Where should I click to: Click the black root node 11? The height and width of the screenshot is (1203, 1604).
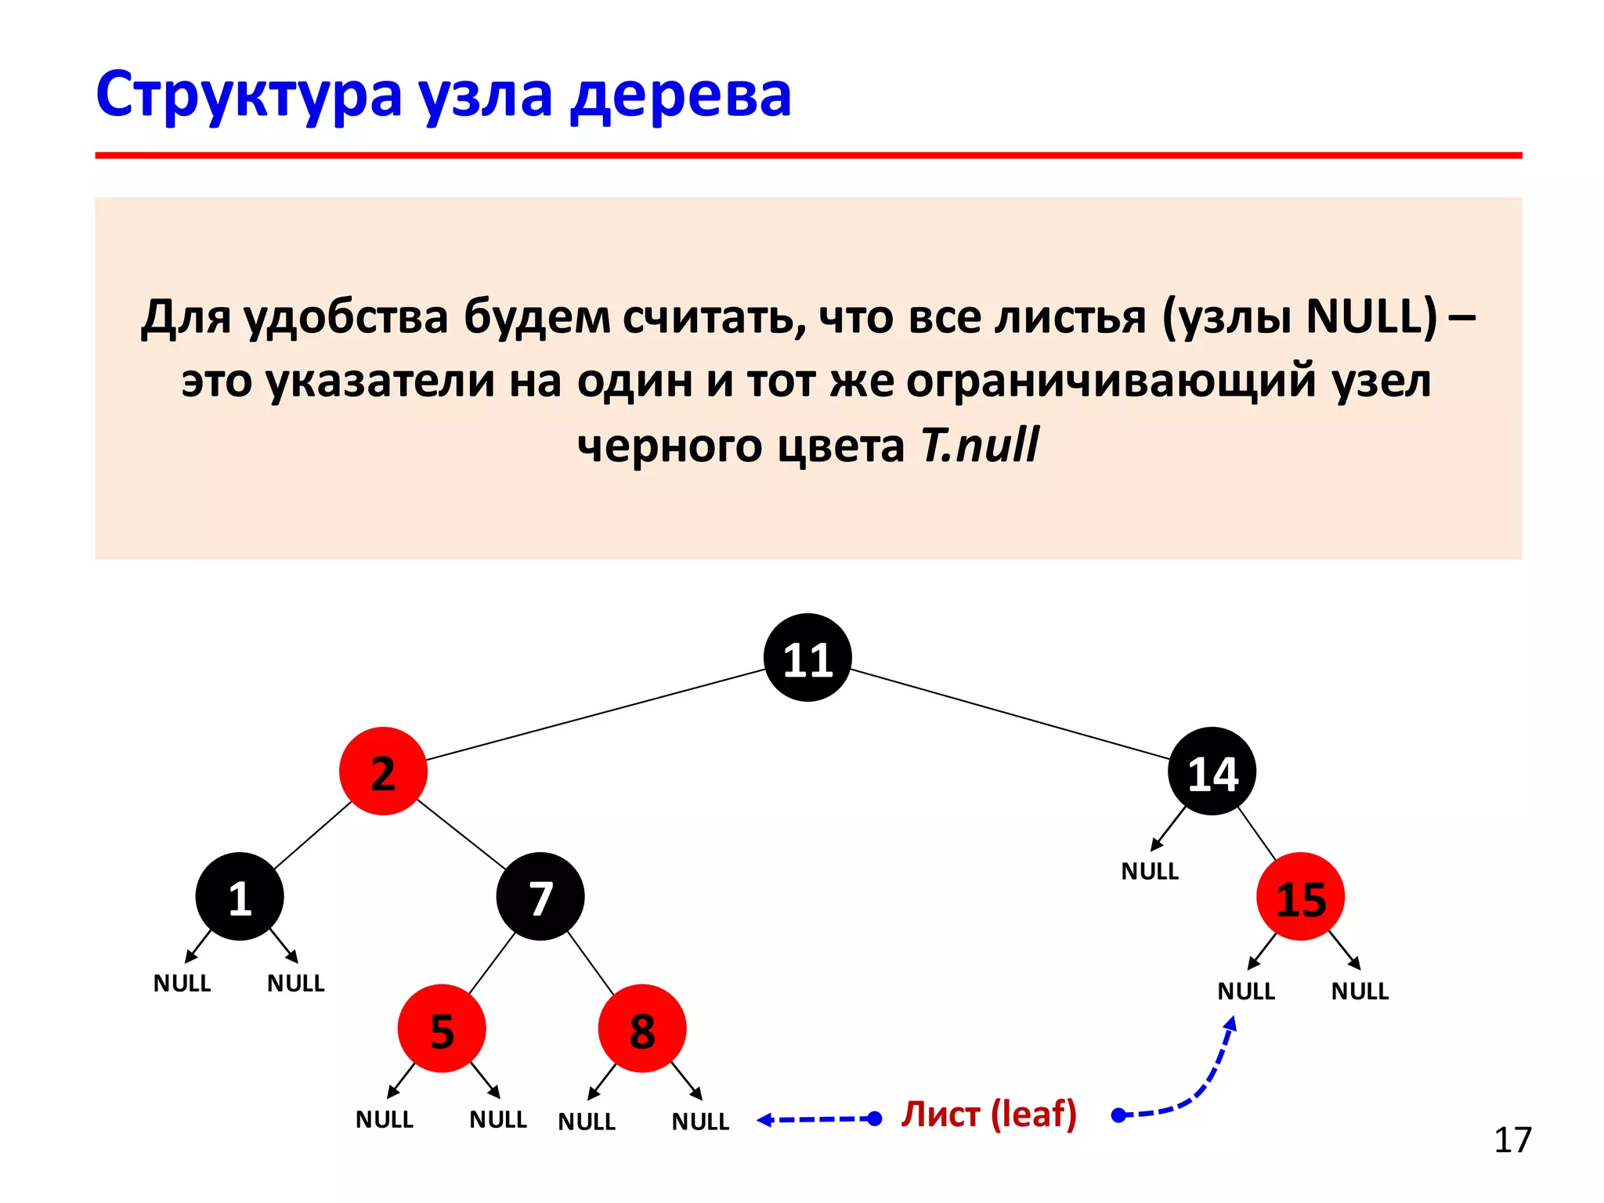click(807, 658)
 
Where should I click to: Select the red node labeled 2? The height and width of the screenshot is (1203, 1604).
click(383, 771)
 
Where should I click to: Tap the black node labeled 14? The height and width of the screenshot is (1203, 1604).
click(1212, 771)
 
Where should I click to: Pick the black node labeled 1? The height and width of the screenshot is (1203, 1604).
click(240, 897)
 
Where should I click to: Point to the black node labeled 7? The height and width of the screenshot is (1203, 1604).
click(540, 897)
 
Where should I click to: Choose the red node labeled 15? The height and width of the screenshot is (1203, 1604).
click(1300, 897)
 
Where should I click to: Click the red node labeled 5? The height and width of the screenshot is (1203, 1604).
click(442, 1028)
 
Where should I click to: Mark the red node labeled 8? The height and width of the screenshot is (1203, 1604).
click(642, 1028)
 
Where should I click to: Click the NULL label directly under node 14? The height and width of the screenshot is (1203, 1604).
click(1150, 871)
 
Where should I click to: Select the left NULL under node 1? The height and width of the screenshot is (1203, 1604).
click(182, 983)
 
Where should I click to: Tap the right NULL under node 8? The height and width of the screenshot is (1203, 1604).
click(700, 1122)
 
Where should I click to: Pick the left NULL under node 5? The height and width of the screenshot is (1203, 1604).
click(384, 1119)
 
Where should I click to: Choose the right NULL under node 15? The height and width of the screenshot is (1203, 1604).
click(1360, 992)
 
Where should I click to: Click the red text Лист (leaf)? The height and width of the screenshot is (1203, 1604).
click(988, 1114)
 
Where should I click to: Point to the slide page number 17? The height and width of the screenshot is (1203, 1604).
click(1512, 1140)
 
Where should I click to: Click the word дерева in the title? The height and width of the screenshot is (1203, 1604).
click(681, 96)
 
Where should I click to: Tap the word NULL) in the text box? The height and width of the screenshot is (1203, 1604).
click(1372, 316)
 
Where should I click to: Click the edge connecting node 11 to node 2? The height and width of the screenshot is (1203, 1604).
click(595, 714)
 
